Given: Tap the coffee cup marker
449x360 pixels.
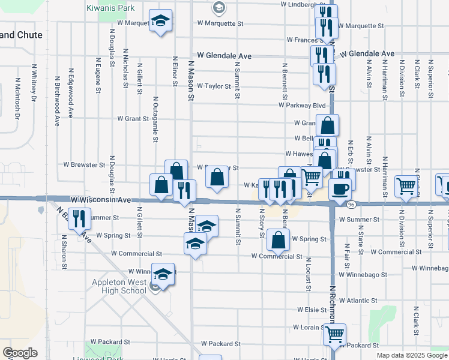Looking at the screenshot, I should (x=340, y=188).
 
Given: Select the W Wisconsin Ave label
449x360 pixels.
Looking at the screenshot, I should (x=100, y=199).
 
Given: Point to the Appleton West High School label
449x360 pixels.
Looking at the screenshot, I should (x=119, y=287).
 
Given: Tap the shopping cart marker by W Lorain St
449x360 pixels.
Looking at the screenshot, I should (x=334, y=335).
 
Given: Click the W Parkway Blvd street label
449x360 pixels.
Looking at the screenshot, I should (x=301, y=105).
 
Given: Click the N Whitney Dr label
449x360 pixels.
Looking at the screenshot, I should (x=34, y=85).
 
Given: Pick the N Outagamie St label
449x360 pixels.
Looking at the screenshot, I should (x=155, y=119).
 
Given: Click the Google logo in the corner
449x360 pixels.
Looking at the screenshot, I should (x=20, y=353).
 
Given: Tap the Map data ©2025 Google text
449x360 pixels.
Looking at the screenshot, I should (x=412, y=355).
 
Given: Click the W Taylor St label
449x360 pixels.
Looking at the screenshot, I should (x=214, y=86).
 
